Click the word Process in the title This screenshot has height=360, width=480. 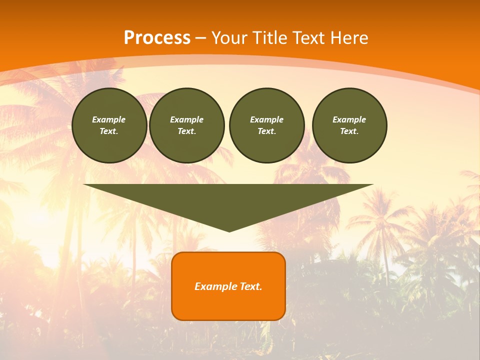coord(157,38)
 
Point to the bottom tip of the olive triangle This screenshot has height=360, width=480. coord(229,230)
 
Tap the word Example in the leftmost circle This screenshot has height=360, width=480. coord(109,119)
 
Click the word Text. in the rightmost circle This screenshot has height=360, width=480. coord(349,131)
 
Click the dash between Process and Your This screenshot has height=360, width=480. coord(200,38)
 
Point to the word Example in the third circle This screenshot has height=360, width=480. coord(266,119)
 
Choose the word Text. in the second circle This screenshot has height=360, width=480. coord(186,131)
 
